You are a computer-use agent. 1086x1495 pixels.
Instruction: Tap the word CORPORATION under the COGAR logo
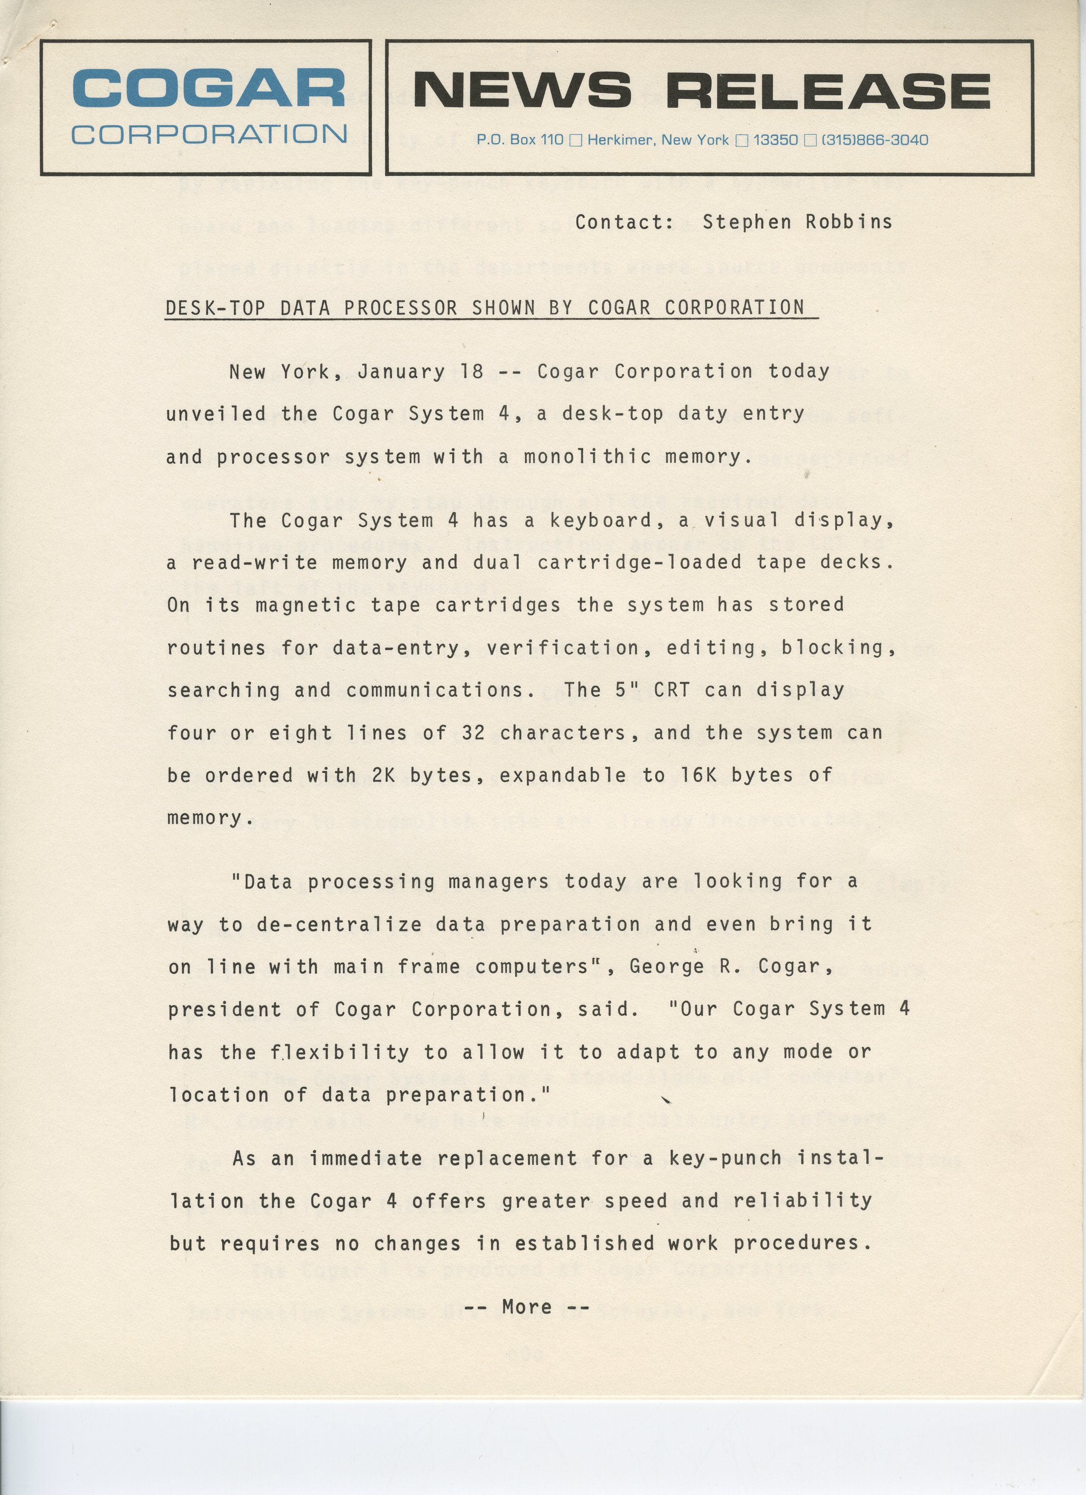click(209, 135)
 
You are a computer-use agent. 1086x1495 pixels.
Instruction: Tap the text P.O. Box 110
click(520, 140)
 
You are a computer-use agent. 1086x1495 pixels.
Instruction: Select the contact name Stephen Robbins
click(797, 222)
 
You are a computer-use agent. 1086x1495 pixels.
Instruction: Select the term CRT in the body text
click(672, 690)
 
